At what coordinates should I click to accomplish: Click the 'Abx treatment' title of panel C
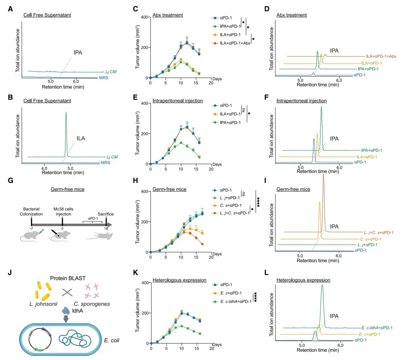(168, 15)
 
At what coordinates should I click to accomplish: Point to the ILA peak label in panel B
(81, 138)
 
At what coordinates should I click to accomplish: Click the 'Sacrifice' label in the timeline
(106, 214)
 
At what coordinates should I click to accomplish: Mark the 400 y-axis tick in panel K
(144, 283)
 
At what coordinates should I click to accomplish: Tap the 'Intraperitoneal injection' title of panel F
(301, 101)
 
